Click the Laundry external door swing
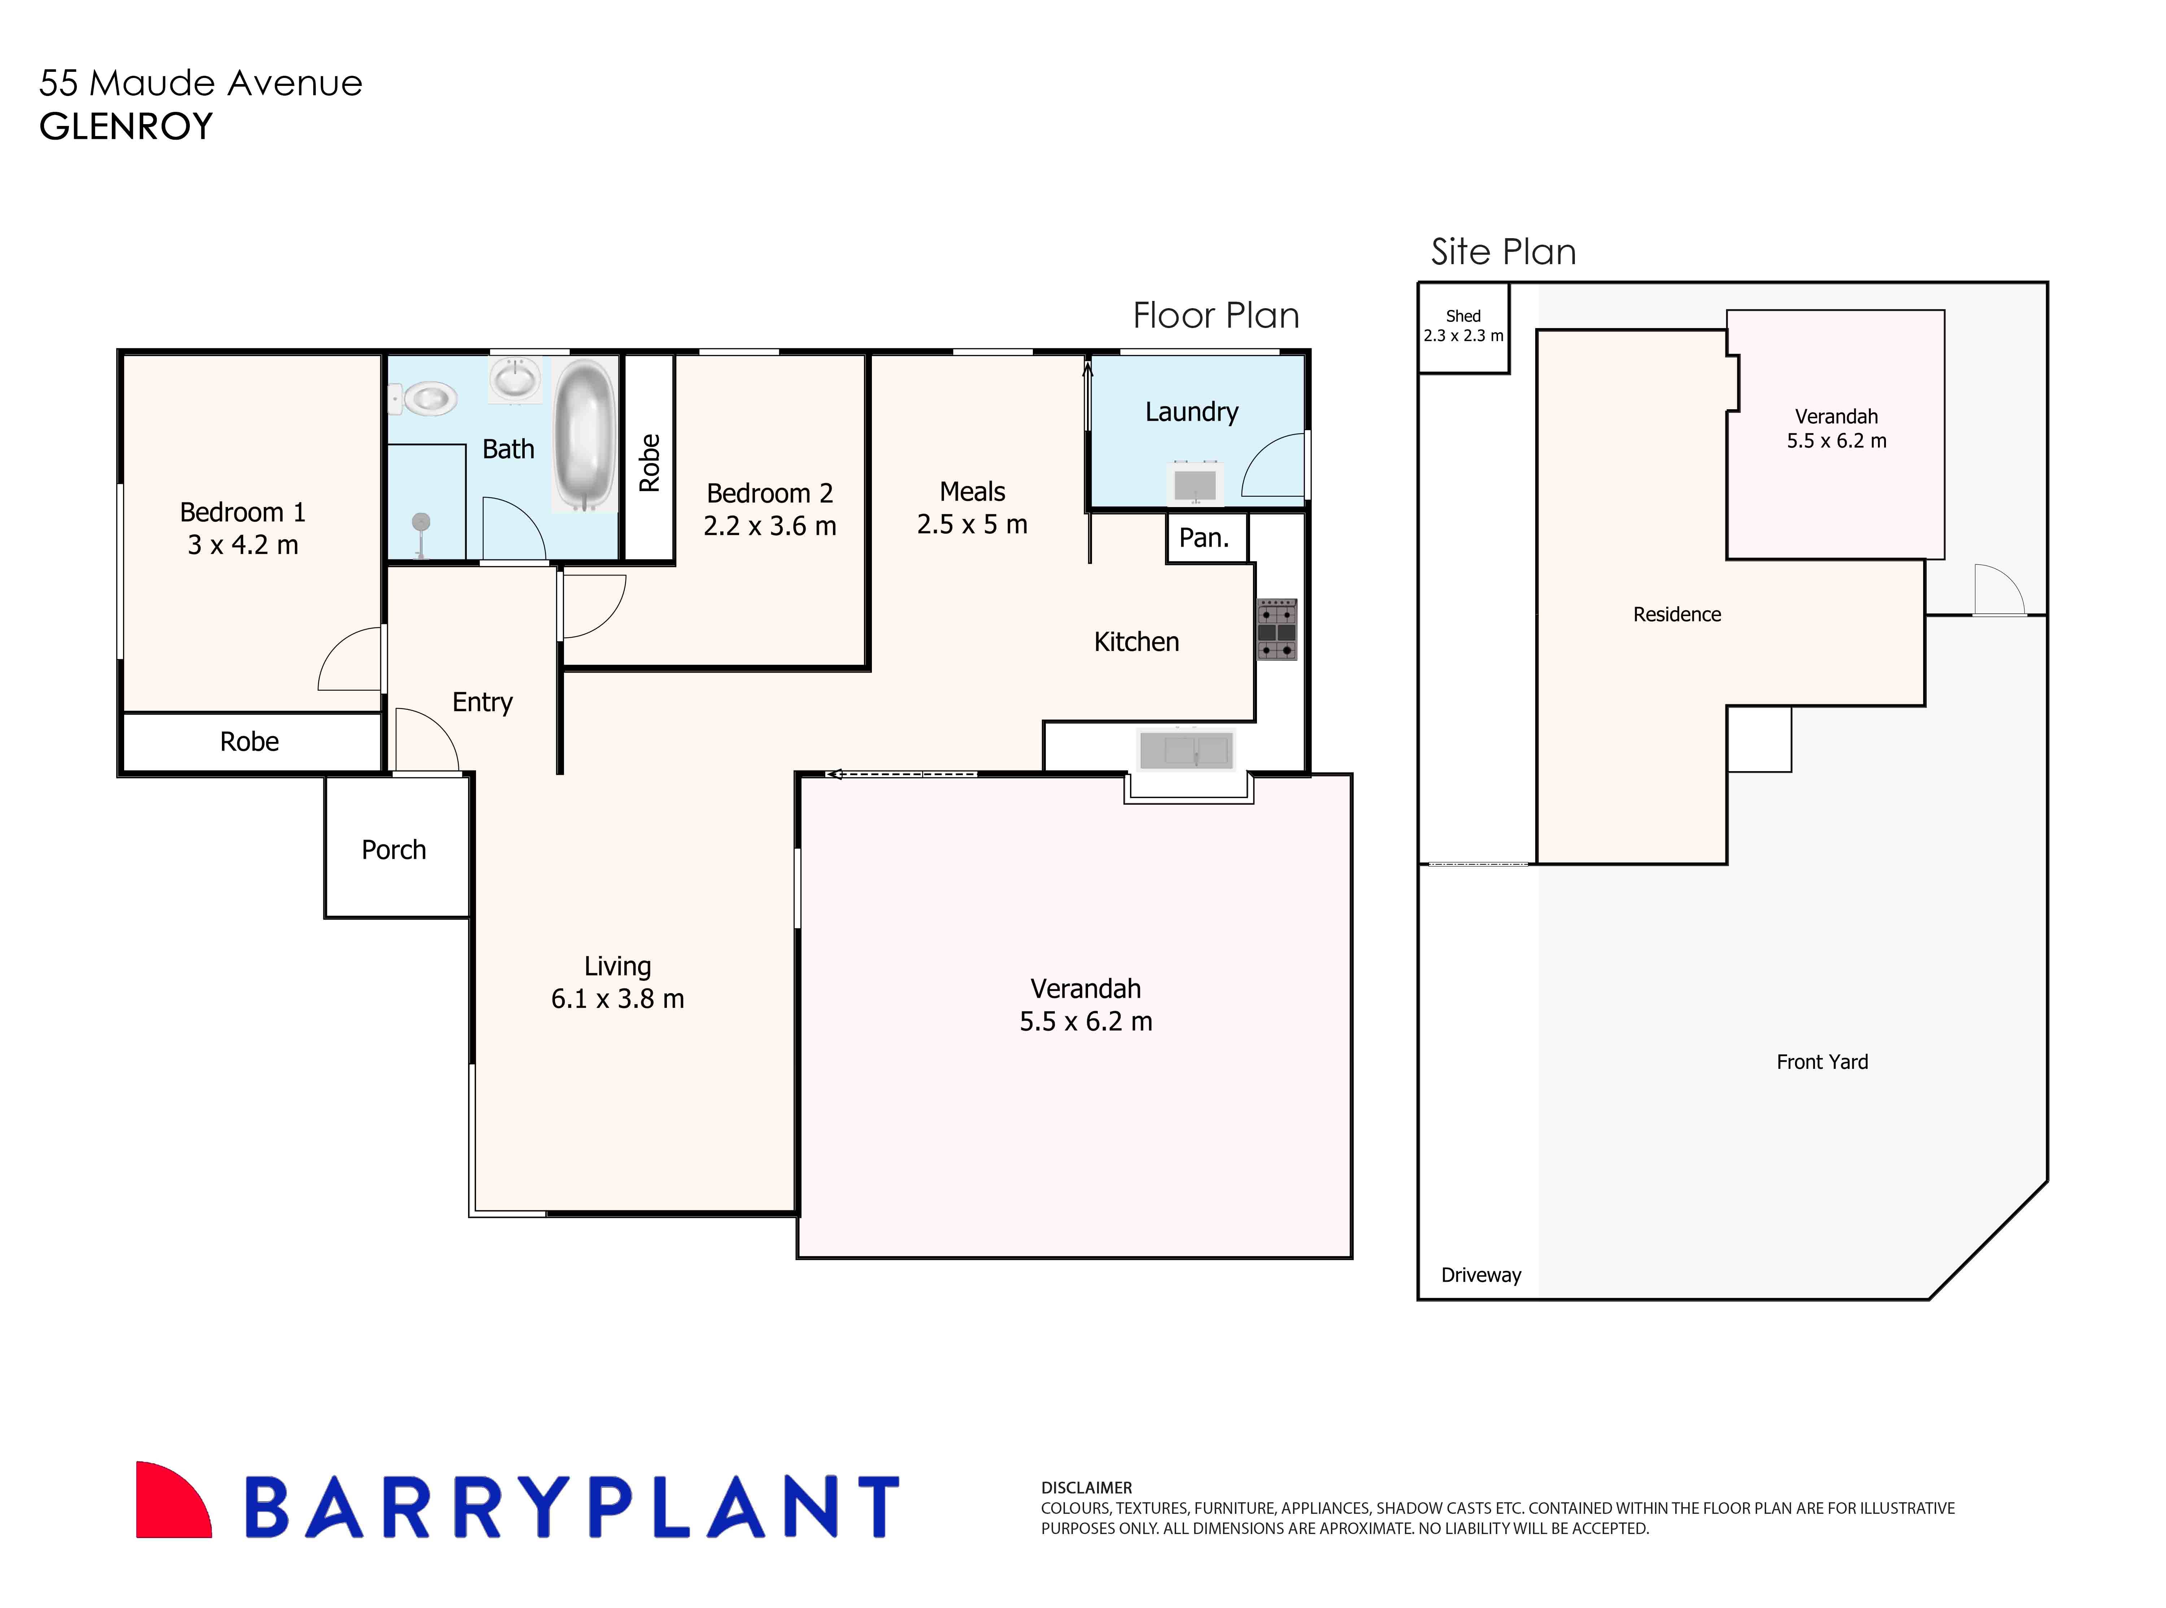(x=1273, y=465)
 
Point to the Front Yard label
(x=1821, y=1062)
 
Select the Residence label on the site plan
(x=1676, y=614)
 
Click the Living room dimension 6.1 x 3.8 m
(x=617, y=999)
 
